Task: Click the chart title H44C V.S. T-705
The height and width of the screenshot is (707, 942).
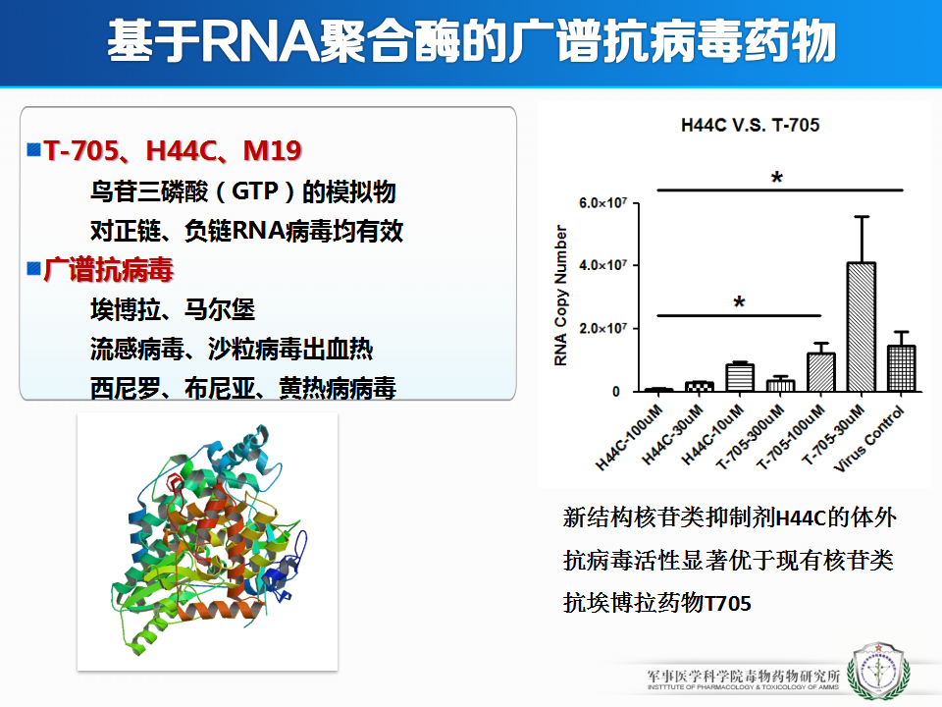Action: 750,125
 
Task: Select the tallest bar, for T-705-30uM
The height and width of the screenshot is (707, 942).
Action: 861,327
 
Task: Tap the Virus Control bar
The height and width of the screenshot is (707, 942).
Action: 901,368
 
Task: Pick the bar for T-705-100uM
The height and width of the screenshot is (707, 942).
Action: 820,372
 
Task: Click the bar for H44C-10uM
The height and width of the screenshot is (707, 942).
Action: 740,377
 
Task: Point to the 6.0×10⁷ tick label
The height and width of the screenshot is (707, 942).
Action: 602,202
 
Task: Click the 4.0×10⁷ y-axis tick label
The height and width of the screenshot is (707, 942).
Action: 602,265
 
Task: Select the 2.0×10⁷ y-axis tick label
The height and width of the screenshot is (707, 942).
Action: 602,328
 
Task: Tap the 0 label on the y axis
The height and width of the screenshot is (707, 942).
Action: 616,392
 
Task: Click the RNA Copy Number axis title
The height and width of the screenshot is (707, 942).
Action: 560,296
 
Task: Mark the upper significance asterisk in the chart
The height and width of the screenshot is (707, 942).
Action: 777,178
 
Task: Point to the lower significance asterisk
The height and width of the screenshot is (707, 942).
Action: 739,302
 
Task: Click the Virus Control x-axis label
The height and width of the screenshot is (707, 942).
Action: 869,438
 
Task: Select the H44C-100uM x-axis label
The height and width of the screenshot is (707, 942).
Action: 629,437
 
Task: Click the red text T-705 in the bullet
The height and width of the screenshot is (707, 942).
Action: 81,150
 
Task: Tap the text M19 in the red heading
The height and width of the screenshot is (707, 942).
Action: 272,150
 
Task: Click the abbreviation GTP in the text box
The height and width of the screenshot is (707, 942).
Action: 255,191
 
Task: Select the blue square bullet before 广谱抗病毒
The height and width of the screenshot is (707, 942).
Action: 33,268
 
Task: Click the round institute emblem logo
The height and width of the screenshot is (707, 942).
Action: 877,672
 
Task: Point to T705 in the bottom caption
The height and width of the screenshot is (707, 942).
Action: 727,603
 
